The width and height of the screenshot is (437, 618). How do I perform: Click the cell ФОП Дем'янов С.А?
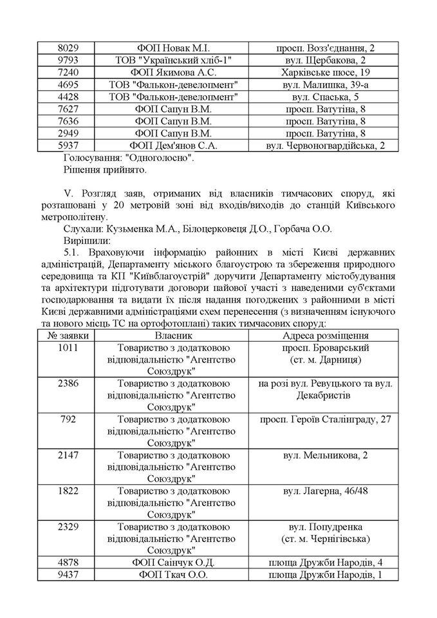174,145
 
